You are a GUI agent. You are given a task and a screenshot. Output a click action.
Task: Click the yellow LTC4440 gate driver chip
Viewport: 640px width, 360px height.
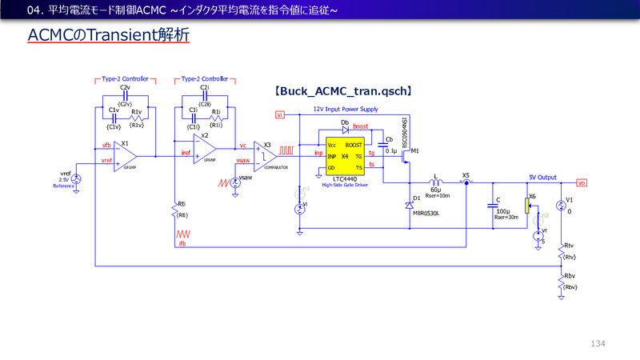pos(344,155)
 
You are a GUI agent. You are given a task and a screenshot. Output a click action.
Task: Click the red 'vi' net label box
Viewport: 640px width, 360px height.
pos(280,114)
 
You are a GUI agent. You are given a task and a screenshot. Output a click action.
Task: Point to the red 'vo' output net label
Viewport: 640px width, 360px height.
pos(582,182)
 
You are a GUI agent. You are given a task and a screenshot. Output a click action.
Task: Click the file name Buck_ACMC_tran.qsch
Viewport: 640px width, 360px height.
pos(343,92)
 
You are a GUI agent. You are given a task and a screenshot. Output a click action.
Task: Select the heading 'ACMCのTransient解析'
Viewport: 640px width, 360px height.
pos(108,37)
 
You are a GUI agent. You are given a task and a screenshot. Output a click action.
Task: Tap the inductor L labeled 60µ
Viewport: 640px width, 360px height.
pos(435,182)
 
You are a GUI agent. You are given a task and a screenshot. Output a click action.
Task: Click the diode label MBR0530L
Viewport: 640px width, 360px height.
pos(425,214)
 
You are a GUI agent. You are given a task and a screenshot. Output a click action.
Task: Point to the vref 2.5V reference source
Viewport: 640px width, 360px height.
pos(76,180)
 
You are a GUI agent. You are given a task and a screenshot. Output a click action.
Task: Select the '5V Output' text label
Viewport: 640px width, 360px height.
pos(542,177)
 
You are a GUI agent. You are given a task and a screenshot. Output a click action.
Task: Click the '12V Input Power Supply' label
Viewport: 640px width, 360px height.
pos(346,109)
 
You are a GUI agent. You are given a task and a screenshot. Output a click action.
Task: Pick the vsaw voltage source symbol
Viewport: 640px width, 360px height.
pos(235,182)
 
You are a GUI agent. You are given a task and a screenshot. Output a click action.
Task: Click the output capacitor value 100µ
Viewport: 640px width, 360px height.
pos(502,210)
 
